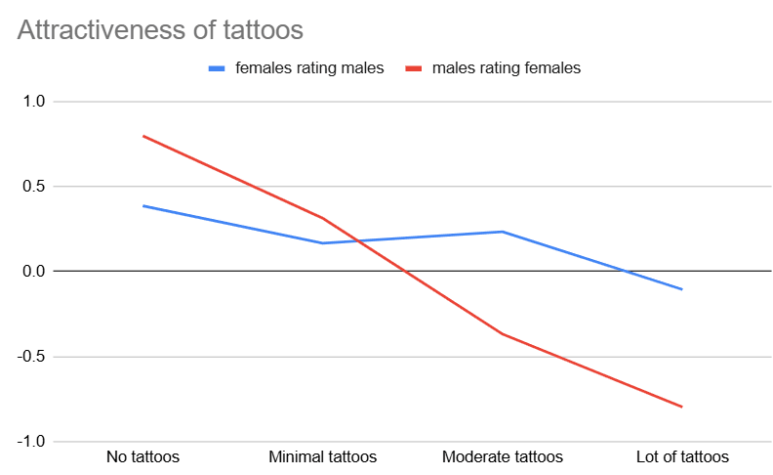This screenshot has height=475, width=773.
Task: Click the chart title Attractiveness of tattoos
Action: [160, 29]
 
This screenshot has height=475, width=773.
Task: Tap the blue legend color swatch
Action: [217, 68]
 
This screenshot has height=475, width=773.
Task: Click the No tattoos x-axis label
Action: [142, 456]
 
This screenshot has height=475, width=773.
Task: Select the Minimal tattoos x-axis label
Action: [322, 456]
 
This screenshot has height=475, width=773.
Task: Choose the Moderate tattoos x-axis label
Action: [503, 456]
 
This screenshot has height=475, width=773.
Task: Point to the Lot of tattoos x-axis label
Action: [682, 456]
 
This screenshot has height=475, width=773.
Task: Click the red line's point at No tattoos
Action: [143, 136]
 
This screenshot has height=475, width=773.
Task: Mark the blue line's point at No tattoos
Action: [143, 205]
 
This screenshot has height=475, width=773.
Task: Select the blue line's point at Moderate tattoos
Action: [503, 232]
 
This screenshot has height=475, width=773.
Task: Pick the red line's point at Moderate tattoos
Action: [503, 334]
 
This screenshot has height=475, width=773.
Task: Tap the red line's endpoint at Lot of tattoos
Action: [682, 407]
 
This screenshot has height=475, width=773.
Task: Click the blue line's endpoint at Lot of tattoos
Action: [682, 289]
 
